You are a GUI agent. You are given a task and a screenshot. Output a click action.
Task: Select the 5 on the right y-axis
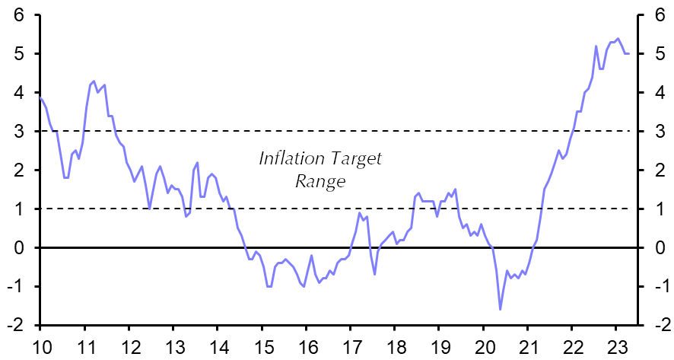656,54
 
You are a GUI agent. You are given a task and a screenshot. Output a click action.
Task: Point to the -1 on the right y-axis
653,287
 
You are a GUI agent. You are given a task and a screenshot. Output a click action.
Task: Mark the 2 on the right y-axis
656,170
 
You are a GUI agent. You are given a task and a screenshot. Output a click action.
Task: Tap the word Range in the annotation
320,183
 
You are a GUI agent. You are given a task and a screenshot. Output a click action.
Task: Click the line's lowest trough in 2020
500,309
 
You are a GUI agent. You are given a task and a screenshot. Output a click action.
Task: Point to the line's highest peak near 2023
617,38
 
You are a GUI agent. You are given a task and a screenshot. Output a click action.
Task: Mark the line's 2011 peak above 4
94,81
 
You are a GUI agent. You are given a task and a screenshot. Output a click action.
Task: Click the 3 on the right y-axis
656,132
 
